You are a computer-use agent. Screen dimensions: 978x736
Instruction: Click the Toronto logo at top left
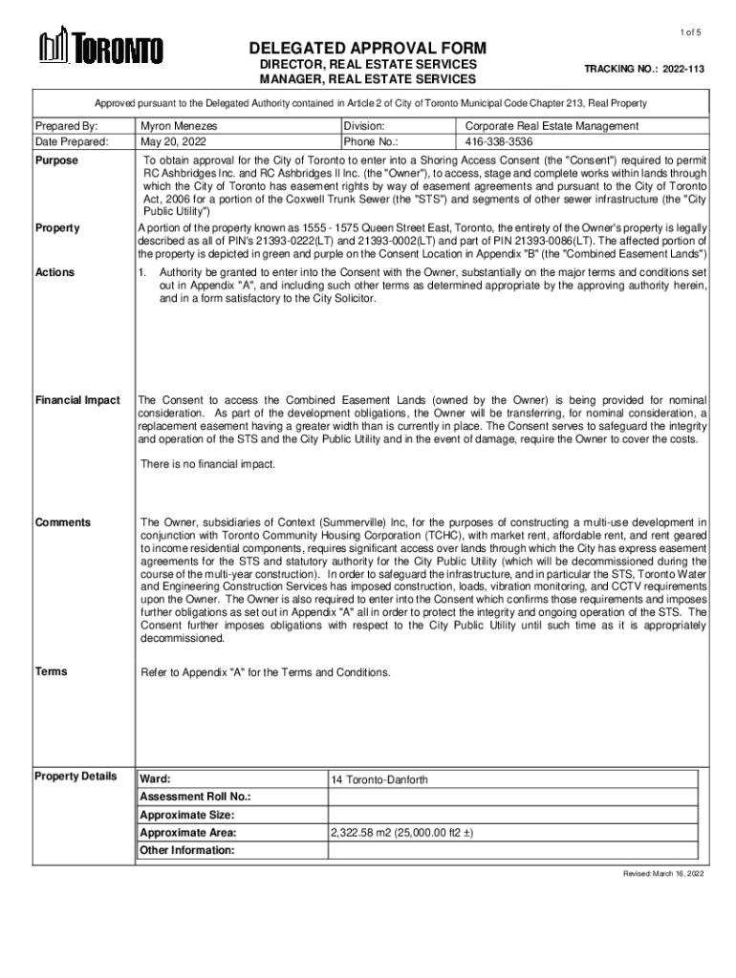click(x=100, y=47)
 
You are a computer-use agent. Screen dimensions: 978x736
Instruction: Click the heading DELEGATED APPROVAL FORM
click(x=368, y=48)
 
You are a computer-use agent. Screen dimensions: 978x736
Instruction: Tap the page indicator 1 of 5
click(x=691, y=32)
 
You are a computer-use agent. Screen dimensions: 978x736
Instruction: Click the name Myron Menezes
click(x=179, y=126)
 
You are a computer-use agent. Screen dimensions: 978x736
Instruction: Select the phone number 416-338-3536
click(x=499, y=141)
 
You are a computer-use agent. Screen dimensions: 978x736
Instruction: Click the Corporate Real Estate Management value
click(x=552, y=126)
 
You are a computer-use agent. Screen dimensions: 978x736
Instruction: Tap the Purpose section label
click(x=56, y=160)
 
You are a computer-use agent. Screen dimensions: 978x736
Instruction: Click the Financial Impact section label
click(x=77, y=399)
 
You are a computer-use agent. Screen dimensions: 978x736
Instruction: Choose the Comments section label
click(x=63, y=522)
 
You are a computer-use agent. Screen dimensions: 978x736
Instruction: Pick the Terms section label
click(x=51, y=671)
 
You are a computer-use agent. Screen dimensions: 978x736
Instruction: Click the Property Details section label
click(x=76, y=776)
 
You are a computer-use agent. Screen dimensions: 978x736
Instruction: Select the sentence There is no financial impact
click(x=207, y=464)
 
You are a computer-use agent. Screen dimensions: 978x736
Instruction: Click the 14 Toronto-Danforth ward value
click(x=379, y=780)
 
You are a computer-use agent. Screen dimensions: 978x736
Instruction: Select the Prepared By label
click(x=67, y=126)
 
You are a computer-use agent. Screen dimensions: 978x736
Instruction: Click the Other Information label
click(x=186, y=850)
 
